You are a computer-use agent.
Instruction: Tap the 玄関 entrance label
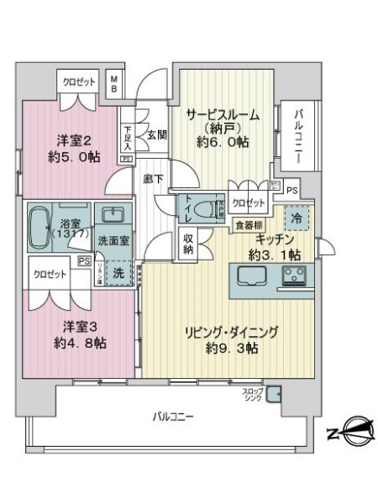(157, 134)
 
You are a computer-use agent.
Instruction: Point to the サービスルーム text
(222, 115)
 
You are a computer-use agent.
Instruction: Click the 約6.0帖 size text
(222, 142)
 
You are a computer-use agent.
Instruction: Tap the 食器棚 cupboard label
(248, 224)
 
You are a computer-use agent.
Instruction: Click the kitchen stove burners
(297, 276)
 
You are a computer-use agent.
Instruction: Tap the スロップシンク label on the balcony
(253, 394)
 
